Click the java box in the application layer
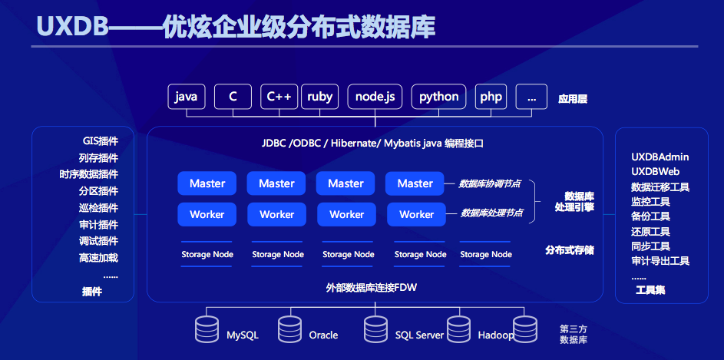(187, 97)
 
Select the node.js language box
(375, 97)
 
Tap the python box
(438, 97)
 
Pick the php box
(491, 97)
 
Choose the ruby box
(319, 97)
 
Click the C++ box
(279, 97)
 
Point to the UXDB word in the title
(72, 27)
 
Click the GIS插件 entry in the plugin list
(101, 141)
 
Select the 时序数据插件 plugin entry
(88, 174)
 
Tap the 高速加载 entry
(98, 258)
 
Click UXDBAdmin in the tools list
(660, 157)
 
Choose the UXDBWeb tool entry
(655, 172)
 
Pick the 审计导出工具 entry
(660, 261)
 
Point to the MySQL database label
(243, 335)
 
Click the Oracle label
(323, 335)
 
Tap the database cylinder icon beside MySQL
(207, 329)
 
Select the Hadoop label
(495, 335)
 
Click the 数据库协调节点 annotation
(489, 183)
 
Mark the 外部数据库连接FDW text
(372, 288)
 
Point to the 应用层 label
(573, 99)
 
